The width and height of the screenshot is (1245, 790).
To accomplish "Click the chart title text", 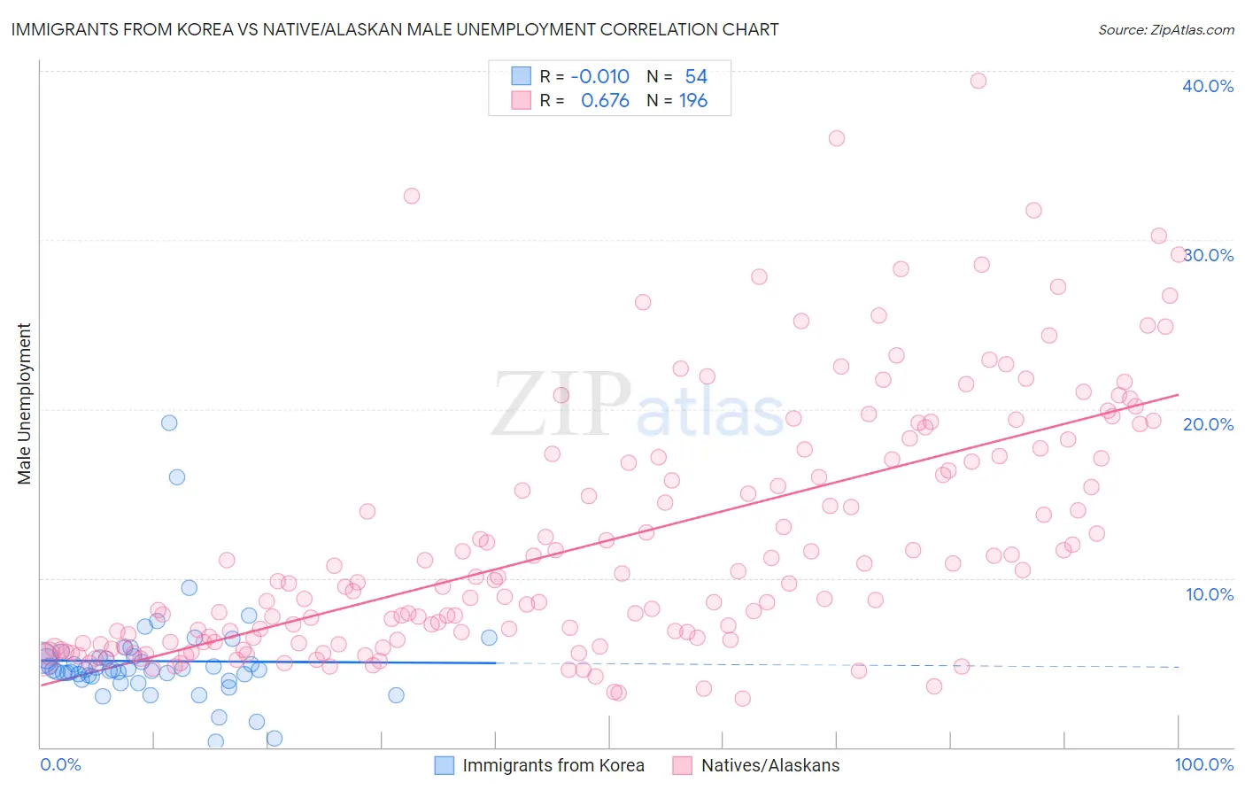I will pos(395,29).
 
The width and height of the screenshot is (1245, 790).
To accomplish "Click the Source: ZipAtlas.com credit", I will pos(1165,29).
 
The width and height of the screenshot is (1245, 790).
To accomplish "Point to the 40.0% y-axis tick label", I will pos(1208,86).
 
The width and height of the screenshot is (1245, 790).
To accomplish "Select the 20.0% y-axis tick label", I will pos(1208,424).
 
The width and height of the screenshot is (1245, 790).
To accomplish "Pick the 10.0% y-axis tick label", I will pos(1210,594).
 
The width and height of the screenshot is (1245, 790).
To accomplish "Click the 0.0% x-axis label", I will pos(60,765).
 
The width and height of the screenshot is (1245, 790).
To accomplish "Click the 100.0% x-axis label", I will pos(1203,765).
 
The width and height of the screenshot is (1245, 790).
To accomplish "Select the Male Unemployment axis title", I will pos(24,404).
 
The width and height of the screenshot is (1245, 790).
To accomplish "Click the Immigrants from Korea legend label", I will pos(553,766).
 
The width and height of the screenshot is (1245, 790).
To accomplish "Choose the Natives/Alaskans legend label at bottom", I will pos(770,766).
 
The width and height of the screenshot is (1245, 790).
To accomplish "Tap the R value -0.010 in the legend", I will pos(599,77).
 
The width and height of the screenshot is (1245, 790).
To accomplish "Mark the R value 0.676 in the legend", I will pos(605,101).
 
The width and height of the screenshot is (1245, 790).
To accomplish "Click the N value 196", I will pos(693,101).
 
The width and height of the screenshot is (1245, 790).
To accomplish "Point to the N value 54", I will pos(696,77).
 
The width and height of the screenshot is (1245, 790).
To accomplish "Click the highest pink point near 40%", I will pos(978,81).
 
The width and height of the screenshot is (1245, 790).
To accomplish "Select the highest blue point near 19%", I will pos(169,422).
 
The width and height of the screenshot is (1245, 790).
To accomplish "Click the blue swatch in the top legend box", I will pos(521,77).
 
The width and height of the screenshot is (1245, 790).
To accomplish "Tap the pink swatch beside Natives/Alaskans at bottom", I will pos(682,766).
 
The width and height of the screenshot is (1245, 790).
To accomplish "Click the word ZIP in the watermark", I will pos(561,404).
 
